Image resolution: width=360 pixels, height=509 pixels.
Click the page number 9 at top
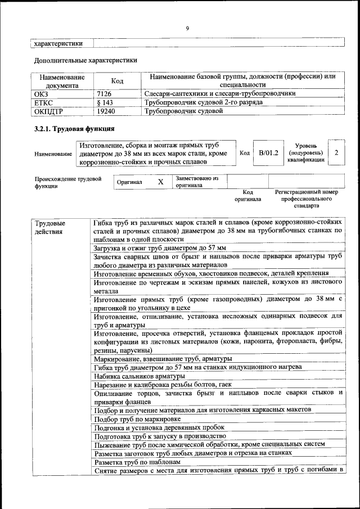[x=187, y=29]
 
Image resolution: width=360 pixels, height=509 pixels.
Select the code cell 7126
[x=104, y=94]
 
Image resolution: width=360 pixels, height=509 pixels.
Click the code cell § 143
[x=105, y=103]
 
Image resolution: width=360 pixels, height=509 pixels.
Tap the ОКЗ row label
[x=43, y=94]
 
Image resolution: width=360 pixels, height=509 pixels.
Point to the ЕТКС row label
[x=44, y=103]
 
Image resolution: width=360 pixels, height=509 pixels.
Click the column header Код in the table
[x=117, y=81]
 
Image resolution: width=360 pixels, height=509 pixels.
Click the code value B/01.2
[x=268, y=152]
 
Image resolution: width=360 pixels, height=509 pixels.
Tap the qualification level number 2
[x=336, y=152]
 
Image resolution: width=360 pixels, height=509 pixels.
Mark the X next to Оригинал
[x=160, y=182]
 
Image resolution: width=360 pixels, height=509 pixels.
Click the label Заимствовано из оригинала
[x=197, y=181]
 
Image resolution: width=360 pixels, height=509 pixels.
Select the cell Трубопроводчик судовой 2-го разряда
[x=203, y=103]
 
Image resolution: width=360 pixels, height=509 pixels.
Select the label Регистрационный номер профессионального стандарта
[x=307, y=199]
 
